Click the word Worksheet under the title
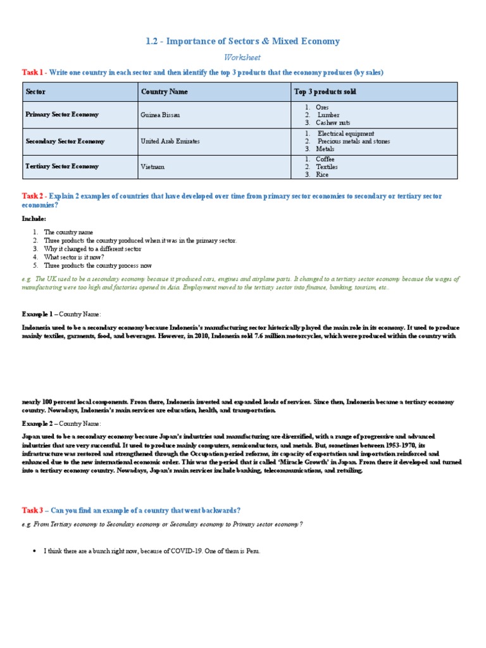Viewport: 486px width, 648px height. tap(243, 58)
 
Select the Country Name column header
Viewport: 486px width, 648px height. tap(165, 92)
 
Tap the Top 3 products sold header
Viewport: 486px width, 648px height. tap(325, 92)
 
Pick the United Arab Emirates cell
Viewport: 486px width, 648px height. tap(170, 141)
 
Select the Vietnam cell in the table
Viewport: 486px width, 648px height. tap(153, 166)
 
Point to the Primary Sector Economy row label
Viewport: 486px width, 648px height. tap(62, 115)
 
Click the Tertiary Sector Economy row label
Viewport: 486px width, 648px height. tap(62, 166)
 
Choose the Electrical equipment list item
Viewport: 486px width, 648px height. tap(346, 134)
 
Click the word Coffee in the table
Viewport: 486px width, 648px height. tap(325, 159)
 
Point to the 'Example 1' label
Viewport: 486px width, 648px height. tap(39, 314)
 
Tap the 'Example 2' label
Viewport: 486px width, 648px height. tap(39, 423)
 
